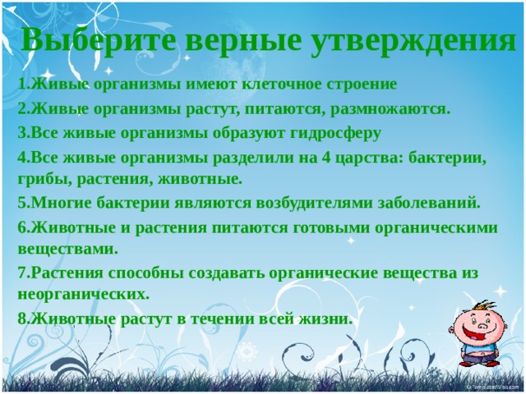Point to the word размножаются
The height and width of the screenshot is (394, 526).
coord(388,109)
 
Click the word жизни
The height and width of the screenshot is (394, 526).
coord(326,318)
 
